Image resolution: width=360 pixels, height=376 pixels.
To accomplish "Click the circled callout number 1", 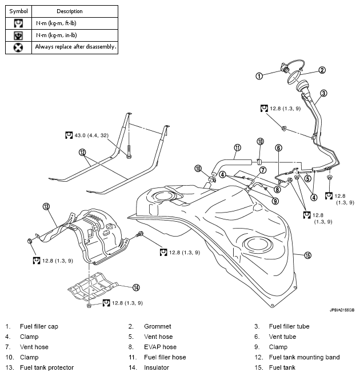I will click(x=259, y=75).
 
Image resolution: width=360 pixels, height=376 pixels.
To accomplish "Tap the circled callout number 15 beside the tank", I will click(x=307, y=255).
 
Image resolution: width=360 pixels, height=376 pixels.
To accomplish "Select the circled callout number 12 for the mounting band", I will click(x=83, y=153).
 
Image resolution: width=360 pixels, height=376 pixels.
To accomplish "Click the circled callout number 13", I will click(x=46, y=206).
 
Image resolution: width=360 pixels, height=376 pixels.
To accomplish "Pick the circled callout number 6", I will click(x=278, y=147).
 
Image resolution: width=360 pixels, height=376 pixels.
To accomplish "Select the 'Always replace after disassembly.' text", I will click(x=75, y=47).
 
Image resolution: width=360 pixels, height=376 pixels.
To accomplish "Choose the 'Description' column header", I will click(x=69, y=11).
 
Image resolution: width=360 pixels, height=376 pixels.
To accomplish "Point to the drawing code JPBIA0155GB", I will click(x=342, y=310).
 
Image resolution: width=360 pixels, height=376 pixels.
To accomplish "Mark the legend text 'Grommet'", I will click(x=157, y=326).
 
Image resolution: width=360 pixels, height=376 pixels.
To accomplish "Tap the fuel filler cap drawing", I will click(x=282, y=71).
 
